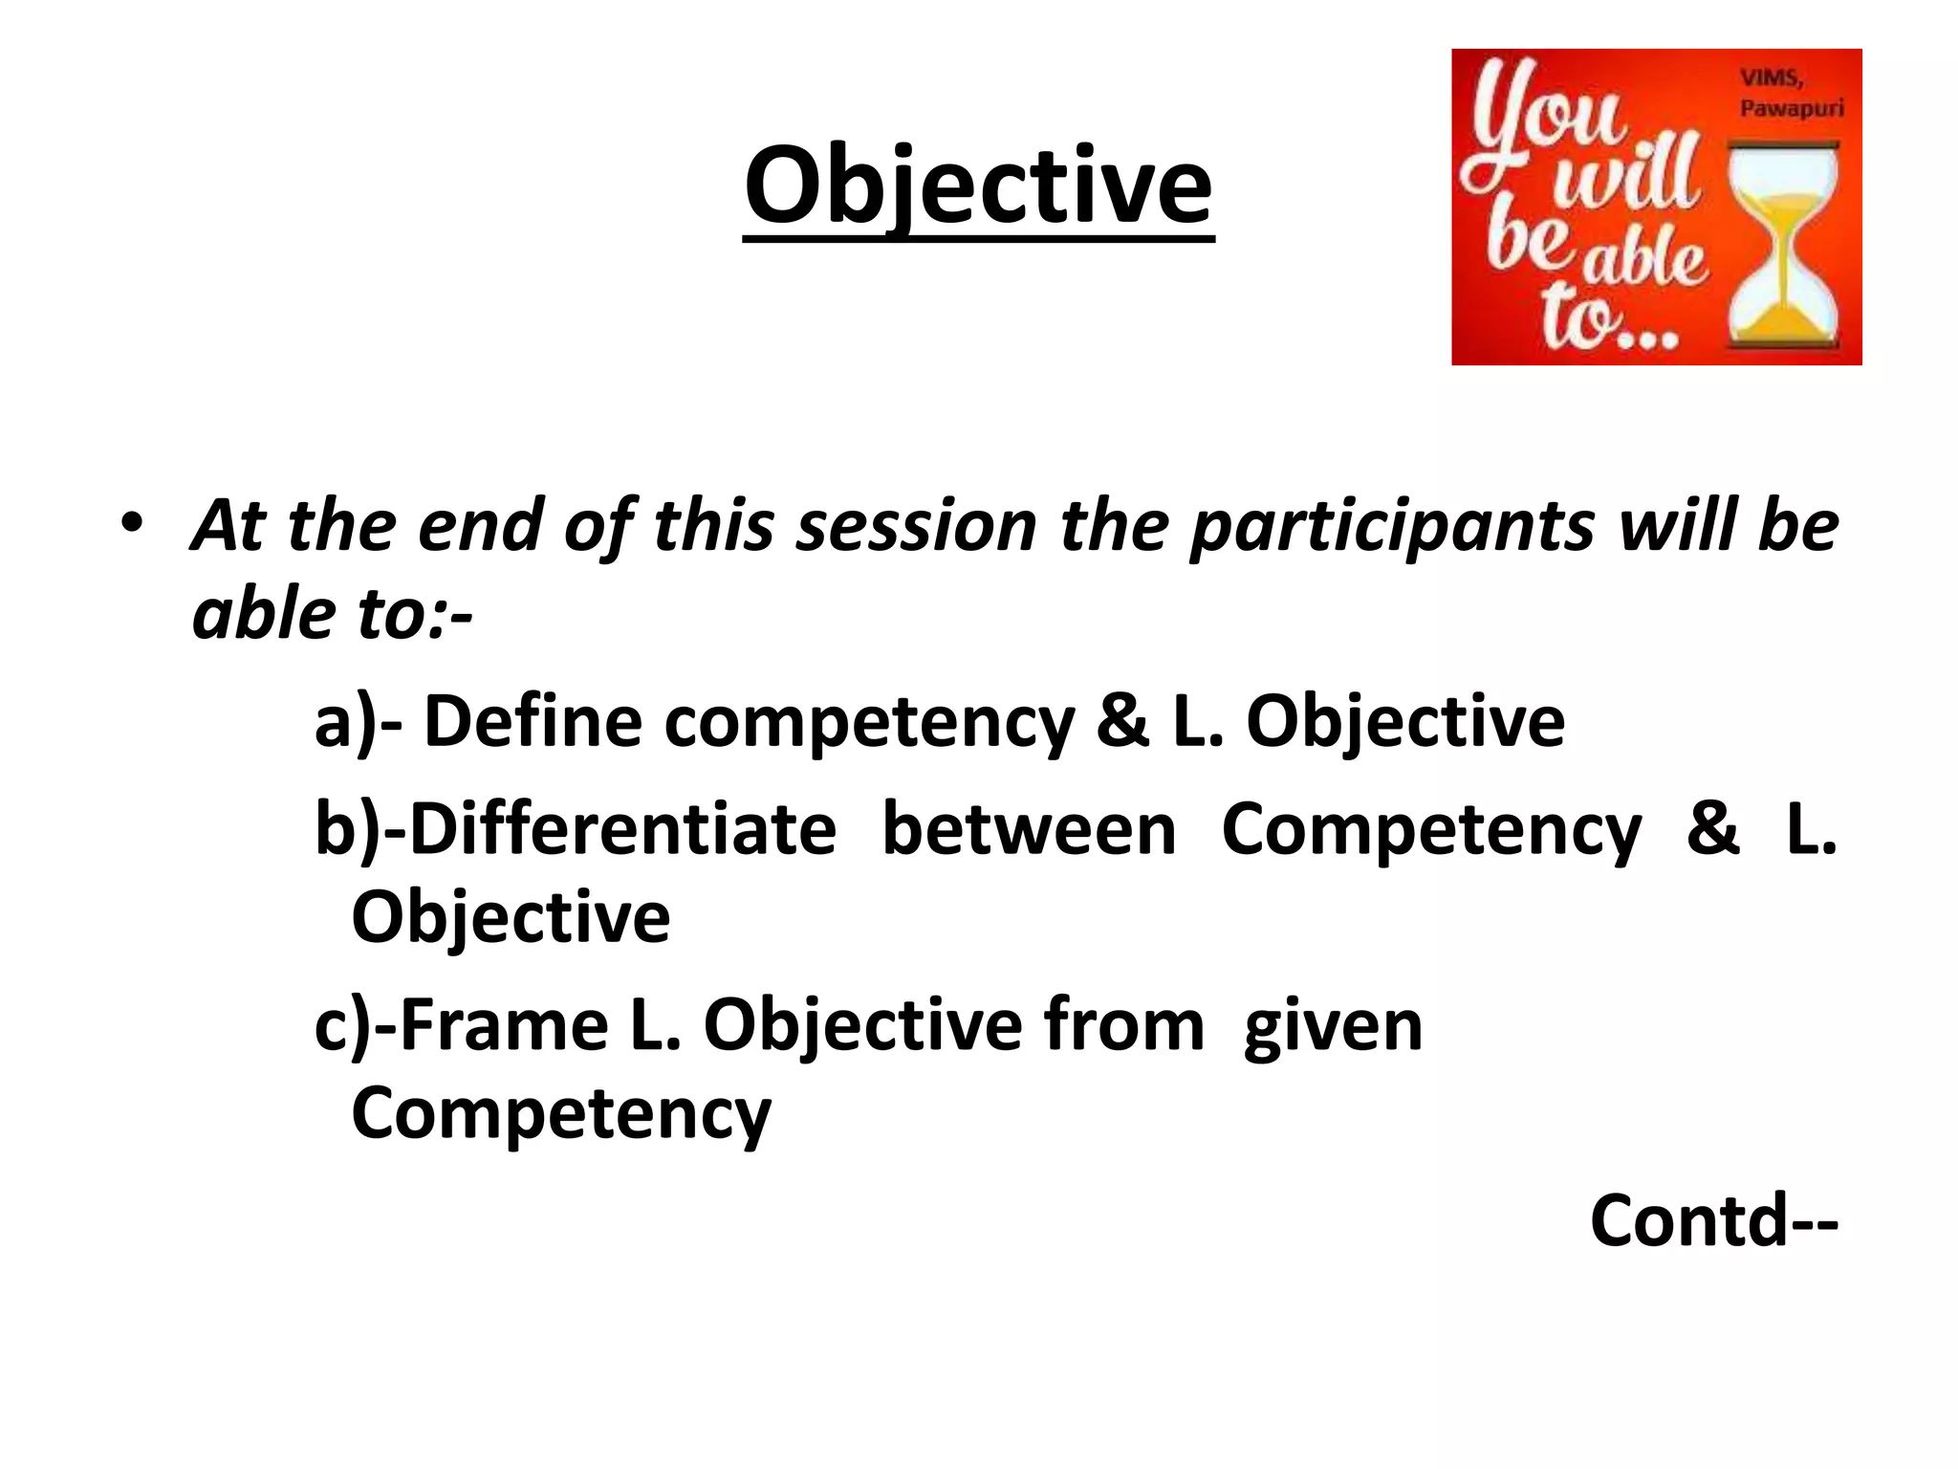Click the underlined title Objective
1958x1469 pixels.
click(979, 186)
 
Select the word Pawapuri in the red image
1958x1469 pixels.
click(1791, 108)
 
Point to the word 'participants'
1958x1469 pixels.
click(1391, 529)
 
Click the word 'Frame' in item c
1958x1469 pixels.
click(503, 1025)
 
